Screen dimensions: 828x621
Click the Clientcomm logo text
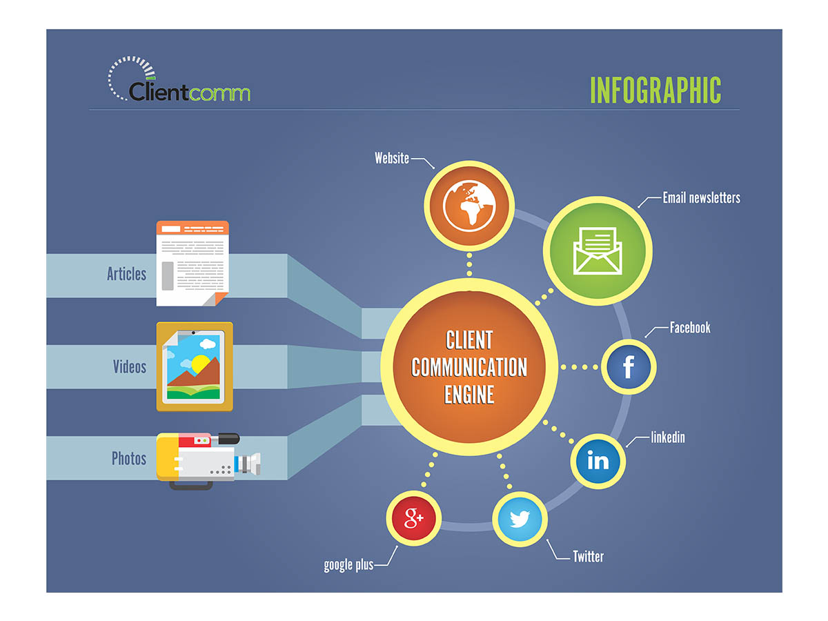pos(188,92)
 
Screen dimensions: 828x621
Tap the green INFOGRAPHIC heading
pos(655,90)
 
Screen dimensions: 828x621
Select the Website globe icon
pos(469,206)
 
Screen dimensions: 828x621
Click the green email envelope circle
pos(598,250)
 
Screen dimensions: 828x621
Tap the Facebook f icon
pos(629,366)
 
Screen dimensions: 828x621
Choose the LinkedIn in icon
pos(598,461)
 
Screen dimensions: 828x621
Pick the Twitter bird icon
pos(520,519)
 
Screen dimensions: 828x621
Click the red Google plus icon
pos(413,518)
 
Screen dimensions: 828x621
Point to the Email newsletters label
pos(702,198)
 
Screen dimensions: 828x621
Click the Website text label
pos(391,158)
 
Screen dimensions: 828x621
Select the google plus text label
pos(348,565)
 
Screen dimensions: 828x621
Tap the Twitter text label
pos(588,557)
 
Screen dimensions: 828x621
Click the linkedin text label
pos(668,437)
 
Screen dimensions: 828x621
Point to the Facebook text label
pos(690,327)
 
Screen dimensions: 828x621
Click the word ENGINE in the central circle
pos(469,395)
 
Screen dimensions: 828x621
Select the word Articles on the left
pos(126,274)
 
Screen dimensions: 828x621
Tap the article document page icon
pos(193,263)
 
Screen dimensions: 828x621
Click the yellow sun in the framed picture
pos(200,364)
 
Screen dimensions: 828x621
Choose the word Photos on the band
pos(128,458)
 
